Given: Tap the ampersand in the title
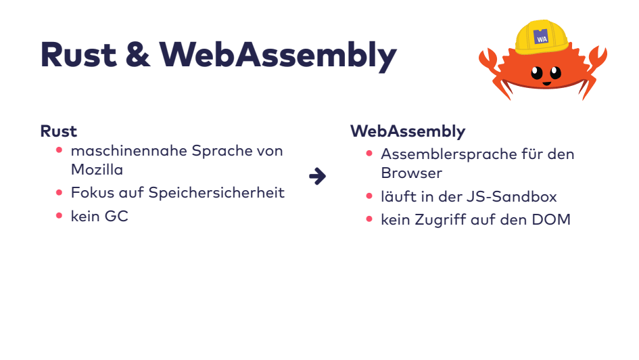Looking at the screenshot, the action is tap(138, 55).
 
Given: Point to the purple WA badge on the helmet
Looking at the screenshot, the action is tap(541, 38).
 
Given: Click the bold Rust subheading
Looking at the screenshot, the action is tap(59, 131).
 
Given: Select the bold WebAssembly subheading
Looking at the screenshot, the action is tap(408, 131).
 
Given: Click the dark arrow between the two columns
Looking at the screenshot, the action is tap(317, 177).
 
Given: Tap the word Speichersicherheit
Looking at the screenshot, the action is tap(216, 192).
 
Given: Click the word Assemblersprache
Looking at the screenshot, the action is tap(449, 154).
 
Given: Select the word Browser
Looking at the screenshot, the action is tap(411, 173).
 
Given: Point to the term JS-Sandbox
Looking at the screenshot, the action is tap(521, 196).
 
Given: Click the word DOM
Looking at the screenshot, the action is tap(553, 219).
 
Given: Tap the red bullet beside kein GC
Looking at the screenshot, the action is tap(60, 217).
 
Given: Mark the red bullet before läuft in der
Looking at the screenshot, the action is tap(369, 196).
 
